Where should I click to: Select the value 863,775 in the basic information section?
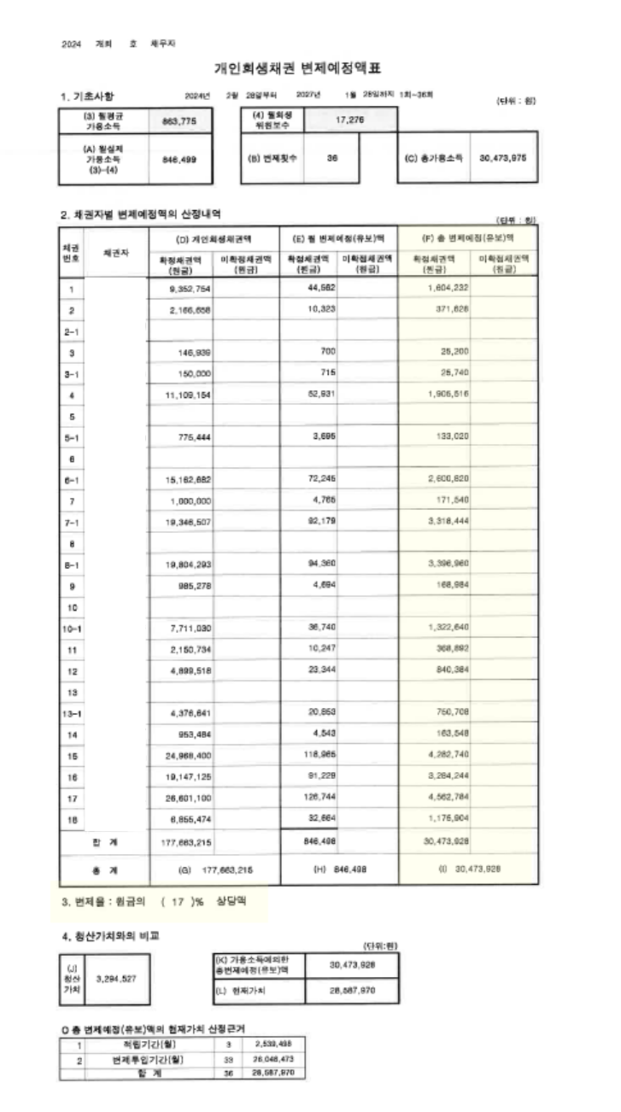(179, 121)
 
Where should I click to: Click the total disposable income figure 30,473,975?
(503, 158)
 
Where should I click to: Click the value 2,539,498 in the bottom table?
(274, 1044)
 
